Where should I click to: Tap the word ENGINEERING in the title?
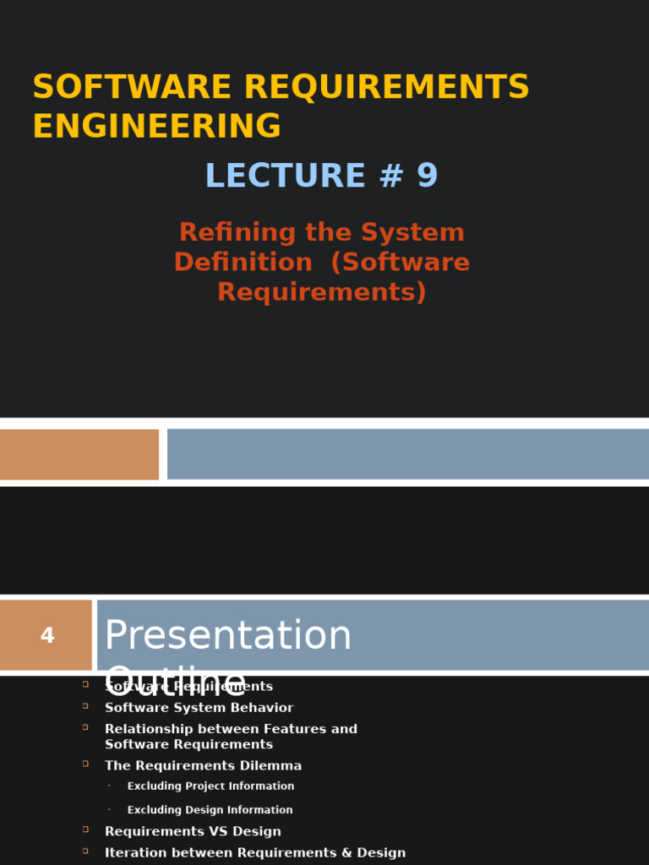[x=156, y=127]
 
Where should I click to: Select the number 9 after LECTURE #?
[x=427, y=176]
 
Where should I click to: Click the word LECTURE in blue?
[x=285, y=176]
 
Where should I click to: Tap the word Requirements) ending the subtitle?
[x=322, y=291]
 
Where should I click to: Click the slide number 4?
[x=47, y=636]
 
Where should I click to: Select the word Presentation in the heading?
[x=227, y=635]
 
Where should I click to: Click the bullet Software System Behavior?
[x=199, y=708]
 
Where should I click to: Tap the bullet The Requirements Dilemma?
[x=203, y=766]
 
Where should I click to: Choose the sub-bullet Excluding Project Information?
[x=210, y=786]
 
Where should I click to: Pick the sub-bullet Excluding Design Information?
[x=210, y=810]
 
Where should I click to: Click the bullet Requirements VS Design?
[x=193, y=832]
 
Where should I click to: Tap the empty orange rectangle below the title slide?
[x=79, y=454]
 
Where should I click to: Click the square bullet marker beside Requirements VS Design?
[x=85, y=830]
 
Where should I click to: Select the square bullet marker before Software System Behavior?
[x=85, y=705]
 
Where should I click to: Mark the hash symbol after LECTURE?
[x=392, y=176]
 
